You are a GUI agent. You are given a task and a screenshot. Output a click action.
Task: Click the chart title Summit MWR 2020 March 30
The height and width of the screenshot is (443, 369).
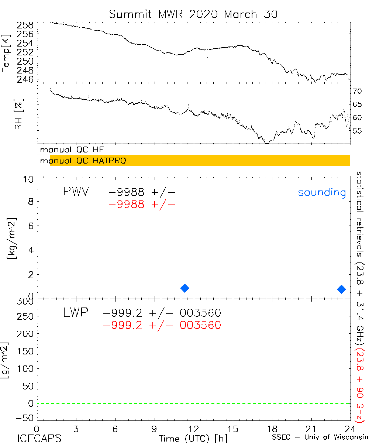coord(193,14)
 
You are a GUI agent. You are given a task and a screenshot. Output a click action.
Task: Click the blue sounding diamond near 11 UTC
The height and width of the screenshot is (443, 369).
coord(185,288)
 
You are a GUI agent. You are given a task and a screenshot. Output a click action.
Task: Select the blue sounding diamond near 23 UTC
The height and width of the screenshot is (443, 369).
coord(341,289)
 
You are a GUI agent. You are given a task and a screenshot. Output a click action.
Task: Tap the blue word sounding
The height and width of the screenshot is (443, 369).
coord(322,192)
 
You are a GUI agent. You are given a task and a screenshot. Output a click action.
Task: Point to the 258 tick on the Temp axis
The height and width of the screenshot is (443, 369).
coord(25,25)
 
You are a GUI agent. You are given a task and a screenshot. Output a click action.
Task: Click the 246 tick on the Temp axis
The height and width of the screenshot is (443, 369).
coord(25,79)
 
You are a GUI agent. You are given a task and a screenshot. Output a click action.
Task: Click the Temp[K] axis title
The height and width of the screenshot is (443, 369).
coord(6,52)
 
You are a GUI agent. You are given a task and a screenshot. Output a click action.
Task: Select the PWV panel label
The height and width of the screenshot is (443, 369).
coord(76,192)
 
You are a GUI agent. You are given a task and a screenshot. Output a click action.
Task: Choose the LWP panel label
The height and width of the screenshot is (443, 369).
coord(76,313)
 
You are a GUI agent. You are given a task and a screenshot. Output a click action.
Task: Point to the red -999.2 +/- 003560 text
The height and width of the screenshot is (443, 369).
coord(162,325)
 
